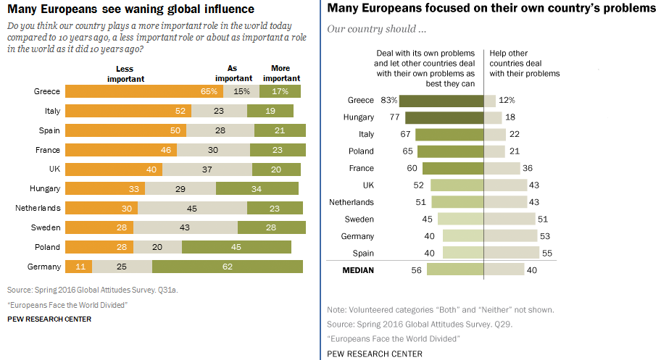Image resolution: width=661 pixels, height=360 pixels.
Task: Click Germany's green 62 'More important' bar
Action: click(227, 267)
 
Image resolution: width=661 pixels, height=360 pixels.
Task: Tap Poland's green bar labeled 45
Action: click(236, 247)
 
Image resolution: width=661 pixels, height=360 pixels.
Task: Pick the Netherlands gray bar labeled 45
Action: click(192, 208)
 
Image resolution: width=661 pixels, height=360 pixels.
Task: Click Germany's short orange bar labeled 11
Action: click(79, 267)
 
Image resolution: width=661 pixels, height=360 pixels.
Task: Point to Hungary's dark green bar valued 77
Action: click(444, 117)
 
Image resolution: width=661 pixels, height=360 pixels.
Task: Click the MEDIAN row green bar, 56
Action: click(455, 269)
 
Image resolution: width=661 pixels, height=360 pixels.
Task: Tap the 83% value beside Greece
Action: click(388, 101)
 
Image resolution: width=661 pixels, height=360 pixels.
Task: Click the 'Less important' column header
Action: click(131, 74)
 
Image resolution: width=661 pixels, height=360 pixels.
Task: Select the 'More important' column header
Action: click(281, 74)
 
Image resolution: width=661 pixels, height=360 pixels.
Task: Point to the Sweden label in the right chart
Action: click(359, 219)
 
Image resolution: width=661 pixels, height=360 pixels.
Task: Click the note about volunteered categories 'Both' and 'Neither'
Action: click(441, 309)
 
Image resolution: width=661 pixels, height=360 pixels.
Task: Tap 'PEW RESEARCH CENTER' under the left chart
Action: click(49, 319)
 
